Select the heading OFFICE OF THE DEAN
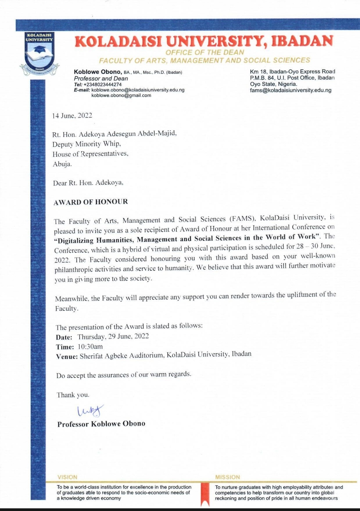click(205, 52)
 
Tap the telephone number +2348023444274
click(102, 85)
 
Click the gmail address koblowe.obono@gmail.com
click(121, 95)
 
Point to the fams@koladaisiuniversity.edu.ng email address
click(291, 90)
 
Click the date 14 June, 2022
click(72, 116)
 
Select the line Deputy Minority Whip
click(86, 144)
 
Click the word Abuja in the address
click(62, 164)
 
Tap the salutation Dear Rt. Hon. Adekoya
click(88, 183)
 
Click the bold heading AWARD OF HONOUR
click(91, 202)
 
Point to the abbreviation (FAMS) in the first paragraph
click(242, 219)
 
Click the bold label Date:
click(64, 337)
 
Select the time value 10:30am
click(90, 346)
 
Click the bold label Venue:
click(67, 356)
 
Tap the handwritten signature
click(90, 411)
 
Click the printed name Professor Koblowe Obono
click(101, 424)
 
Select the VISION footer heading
click(67, 477)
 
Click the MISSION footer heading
click(227, 477)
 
